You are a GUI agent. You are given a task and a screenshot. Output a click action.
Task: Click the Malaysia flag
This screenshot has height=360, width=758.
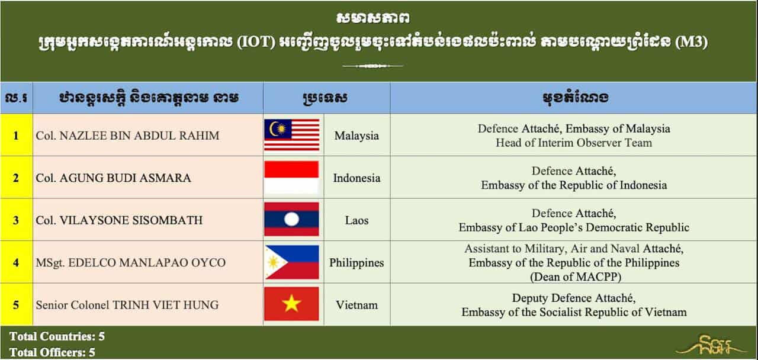coord(292,135)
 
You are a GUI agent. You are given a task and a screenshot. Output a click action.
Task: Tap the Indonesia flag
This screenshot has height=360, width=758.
coord(291,177)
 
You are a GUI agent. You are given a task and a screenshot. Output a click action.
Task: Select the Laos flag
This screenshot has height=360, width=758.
coord(291,219)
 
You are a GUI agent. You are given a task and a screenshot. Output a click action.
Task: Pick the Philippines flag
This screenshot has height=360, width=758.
coord(292,262)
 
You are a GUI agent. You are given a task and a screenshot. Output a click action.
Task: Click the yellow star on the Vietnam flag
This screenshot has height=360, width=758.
coord(291,304)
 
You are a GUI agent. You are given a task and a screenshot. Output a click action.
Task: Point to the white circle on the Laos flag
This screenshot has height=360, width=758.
coord(291,219)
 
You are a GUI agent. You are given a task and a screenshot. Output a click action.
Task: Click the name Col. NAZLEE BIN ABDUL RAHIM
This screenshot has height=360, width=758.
coord(127,136)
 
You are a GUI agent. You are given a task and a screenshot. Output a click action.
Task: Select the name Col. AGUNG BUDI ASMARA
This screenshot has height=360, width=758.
coord(113,178)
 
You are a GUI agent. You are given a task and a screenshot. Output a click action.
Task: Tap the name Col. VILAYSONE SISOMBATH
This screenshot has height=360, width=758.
coord(119,220)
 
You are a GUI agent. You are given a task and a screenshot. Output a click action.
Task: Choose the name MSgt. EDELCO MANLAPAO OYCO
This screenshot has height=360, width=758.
coord(131,262)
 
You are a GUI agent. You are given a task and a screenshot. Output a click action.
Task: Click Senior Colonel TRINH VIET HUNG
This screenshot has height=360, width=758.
coord(127,305)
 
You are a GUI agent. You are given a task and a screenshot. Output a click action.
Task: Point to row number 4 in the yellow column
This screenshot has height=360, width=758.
coord(16,262)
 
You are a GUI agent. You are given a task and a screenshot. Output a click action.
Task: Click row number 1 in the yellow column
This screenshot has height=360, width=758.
coord(16,136)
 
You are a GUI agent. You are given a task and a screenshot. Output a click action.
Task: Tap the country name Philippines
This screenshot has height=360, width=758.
coord(356,263)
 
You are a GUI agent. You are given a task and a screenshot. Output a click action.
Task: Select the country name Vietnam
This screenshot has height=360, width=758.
coord(356,305)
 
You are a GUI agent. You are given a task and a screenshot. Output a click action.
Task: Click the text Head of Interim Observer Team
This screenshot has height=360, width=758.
coord(574,143)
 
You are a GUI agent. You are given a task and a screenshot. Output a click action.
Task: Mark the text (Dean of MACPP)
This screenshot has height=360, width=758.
coord(576,277)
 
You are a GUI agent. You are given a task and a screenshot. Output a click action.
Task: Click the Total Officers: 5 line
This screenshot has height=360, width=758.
coord(52,352)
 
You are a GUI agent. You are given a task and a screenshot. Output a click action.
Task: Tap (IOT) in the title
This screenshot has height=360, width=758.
coord(256,42)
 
